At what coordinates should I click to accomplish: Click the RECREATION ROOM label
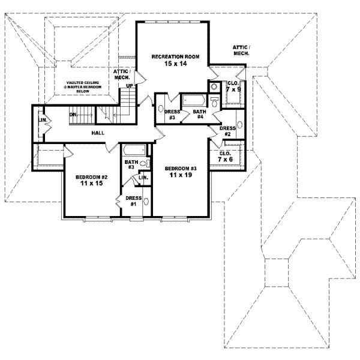[x=172, y=56]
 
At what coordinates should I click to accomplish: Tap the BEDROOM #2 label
[x=90, y=178]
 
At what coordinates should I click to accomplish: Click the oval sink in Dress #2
[x=239, y=124]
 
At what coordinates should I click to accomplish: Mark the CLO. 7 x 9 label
[x=232, y=86]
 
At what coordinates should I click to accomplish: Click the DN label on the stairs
[x=73, y=114]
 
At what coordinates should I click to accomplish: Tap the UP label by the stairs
[x=129, y=85]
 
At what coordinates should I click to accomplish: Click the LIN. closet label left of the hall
[x=41, y=119]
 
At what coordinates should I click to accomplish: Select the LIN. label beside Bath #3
[x=143, y=178]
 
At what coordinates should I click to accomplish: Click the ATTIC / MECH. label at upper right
[x=241, y=50]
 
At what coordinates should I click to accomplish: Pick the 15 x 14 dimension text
[x=172, y=64]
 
